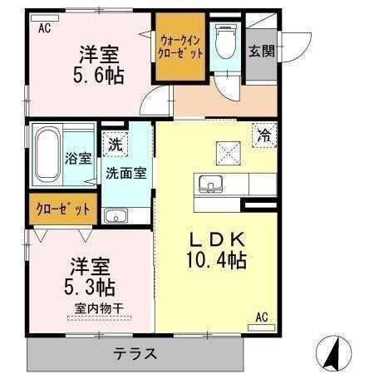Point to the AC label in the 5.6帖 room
[45, 27]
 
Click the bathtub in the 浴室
[50, 156]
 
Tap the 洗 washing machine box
[115, 145]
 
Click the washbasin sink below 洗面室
[116, 216]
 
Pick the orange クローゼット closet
[63, 209]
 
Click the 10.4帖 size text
[215, 259]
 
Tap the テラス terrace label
[135, 352]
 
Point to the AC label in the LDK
[262, 317]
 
